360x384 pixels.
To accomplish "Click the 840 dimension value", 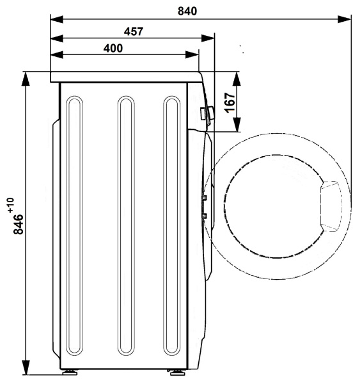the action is [x=187, y=12].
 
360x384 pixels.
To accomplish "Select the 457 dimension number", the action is [x=134, y=31].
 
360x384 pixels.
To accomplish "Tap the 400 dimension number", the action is [x=113, y=48].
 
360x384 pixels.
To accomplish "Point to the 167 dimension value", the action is [x=230, y=102].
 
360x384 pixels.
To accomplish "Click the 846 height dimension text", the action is [x=19, y=225].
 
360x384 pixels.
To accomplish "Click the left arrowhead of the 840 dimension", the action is [x=56, y=19].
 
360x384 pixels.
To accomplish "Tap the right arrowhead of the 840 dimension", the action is [x=345, y=19].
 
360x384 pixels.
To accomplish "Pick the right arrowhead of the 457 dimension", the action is [x=208, y=38].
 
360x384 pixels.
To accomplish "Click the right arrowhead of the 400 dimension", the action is [x=192, y=54].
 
